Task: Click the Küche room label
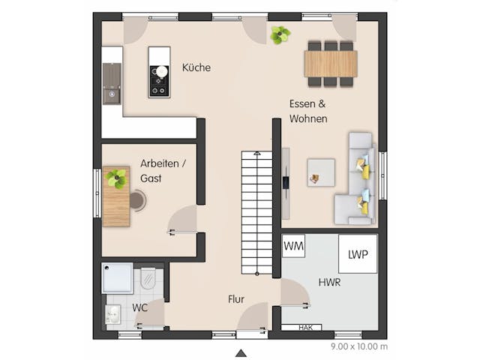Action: (x=196, y=67)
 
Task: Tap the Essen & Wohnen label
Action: (x=308, y=112)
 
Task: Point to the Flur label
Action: (x=236, y=299)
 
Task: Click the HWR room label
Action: (x=331, y=282)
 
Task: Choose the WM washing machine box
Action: (x=293, y=246)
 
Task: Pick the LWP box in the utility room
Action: (x=357, y=254)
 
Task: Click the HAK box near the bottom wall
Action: (x=306, y=327)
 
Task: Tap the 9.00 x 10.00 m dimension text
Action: (x=358, y=346)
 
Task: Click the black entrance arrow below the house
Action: (x=241, y=352)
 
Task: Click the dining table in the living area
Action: (x=331, y=63)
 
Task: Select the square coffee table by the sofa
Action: (x=320, y=172)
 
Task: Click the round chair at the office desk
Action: (x=137, y=199)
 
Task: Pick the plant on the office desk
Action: (x=116, y=178)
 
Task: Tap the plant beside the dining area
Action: (x=280, y=34)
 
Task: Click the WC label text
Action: (x=140, y=307)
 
